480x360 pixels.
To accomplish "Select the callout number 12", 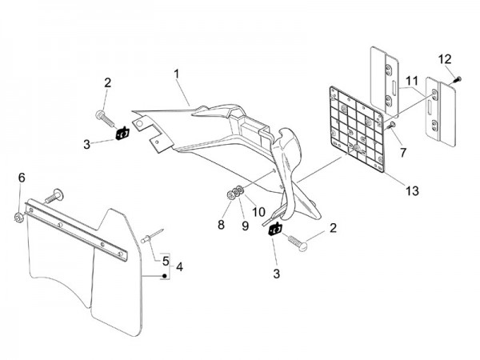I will click(445, 58).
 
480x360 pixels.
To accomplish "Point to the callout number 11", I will click(411, 81).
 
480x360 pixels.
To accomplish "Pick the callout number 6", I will click(22, 177).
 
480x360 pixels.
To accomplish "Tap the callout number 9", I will click(238, 226).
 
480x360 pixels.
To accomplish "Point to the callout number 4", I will click(180, 266).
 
